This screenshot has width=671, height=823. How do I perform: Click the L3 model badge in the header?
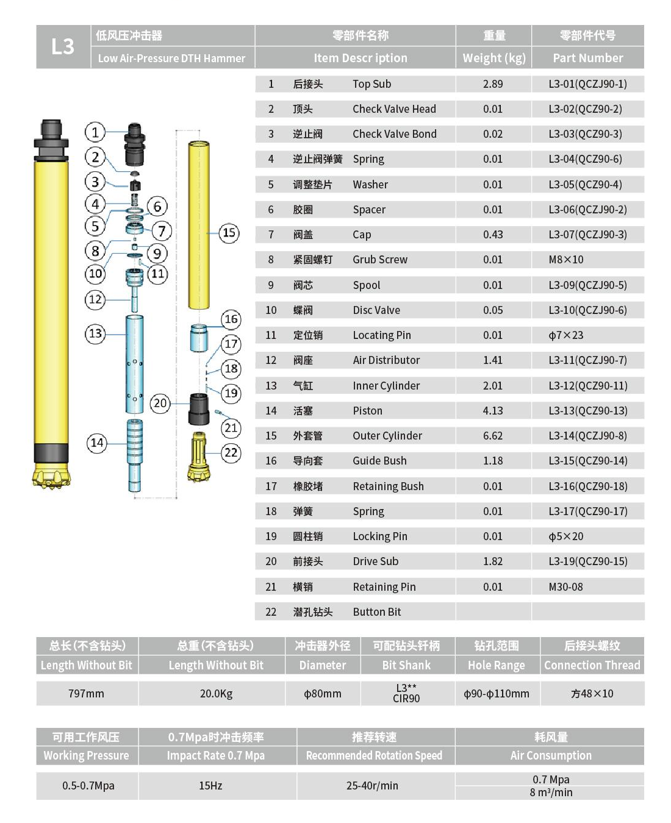tap(63, 46)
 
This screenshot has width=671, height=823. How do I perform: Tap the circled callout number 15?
tap(229, 232)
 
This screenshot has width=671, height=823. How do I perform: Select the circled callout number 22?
tap(231, 452)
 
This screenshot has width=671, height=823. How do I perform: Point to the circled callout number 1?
tap(95, 132)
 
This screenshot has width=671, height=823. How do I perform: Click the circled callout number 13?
tap(95, 333)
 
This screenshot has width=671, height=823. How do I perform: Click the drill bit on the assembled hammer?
tap(51, 476)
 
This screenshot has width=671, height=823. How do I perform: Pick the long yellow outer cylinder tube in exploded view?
tap(199, 226)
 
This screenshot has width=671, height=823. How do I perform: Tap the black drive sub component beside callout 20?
tap(199, 408)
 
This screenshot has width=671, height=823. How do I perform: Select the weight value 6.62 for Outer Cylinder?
tap(492, 436)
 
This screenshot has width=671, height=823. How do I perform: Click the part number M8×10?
tap(566, 260)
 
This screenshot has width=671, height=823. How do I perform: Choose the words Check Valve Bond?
tap(394, 134)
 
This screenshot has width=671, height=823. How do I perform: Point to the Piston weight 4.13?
tap(492, 411)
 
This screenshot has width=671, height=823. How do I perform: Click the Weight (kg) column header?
tap(493, 58)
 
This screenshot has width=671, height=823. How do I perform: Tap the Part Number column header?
tap(587, 58)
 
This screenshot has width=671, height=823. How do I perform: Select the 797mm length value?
tap(86, 694)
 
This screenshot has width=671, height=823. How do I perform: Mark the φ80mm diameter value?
tap(322, 694)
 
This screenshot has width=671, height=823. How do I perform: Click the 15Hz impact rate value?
tap(210, 786)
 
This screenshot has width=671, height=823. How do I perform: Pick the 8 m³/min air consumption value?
tap(551, 793)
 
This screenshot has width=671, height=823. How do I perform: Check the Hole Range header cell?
tap(496, 665)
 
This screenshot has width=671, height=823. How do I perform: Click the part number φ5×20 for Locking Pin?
tap(566, 536)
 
